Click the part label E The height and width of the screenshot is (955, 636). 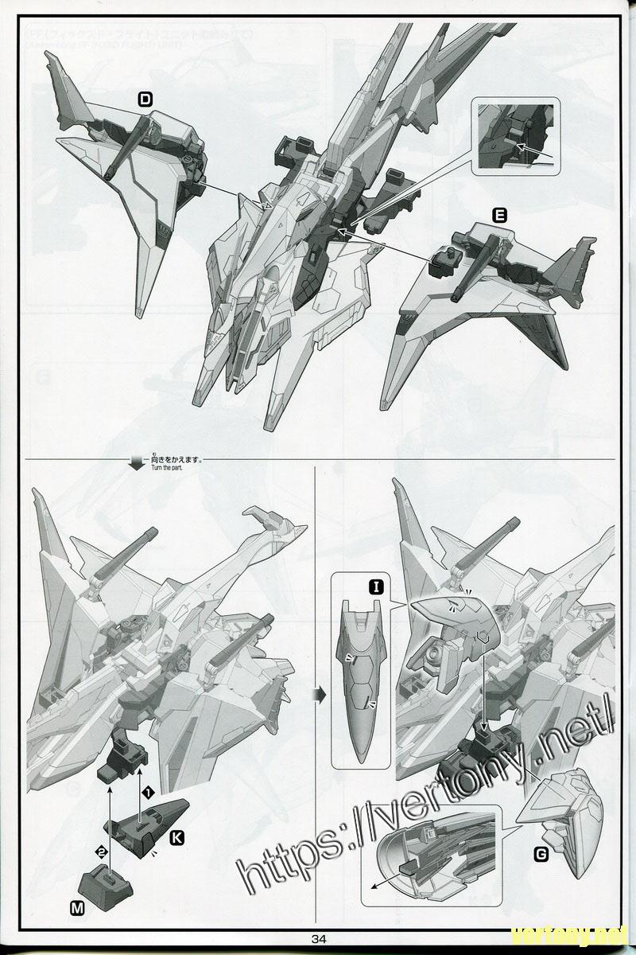499,215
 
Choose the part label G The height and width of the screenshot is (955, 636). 541,855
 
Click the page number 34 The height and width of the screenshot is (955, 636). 320,937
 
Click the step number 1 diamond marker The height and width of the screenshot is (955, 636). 146,791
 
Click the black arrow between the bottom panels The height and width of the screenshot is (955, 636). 320,695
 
